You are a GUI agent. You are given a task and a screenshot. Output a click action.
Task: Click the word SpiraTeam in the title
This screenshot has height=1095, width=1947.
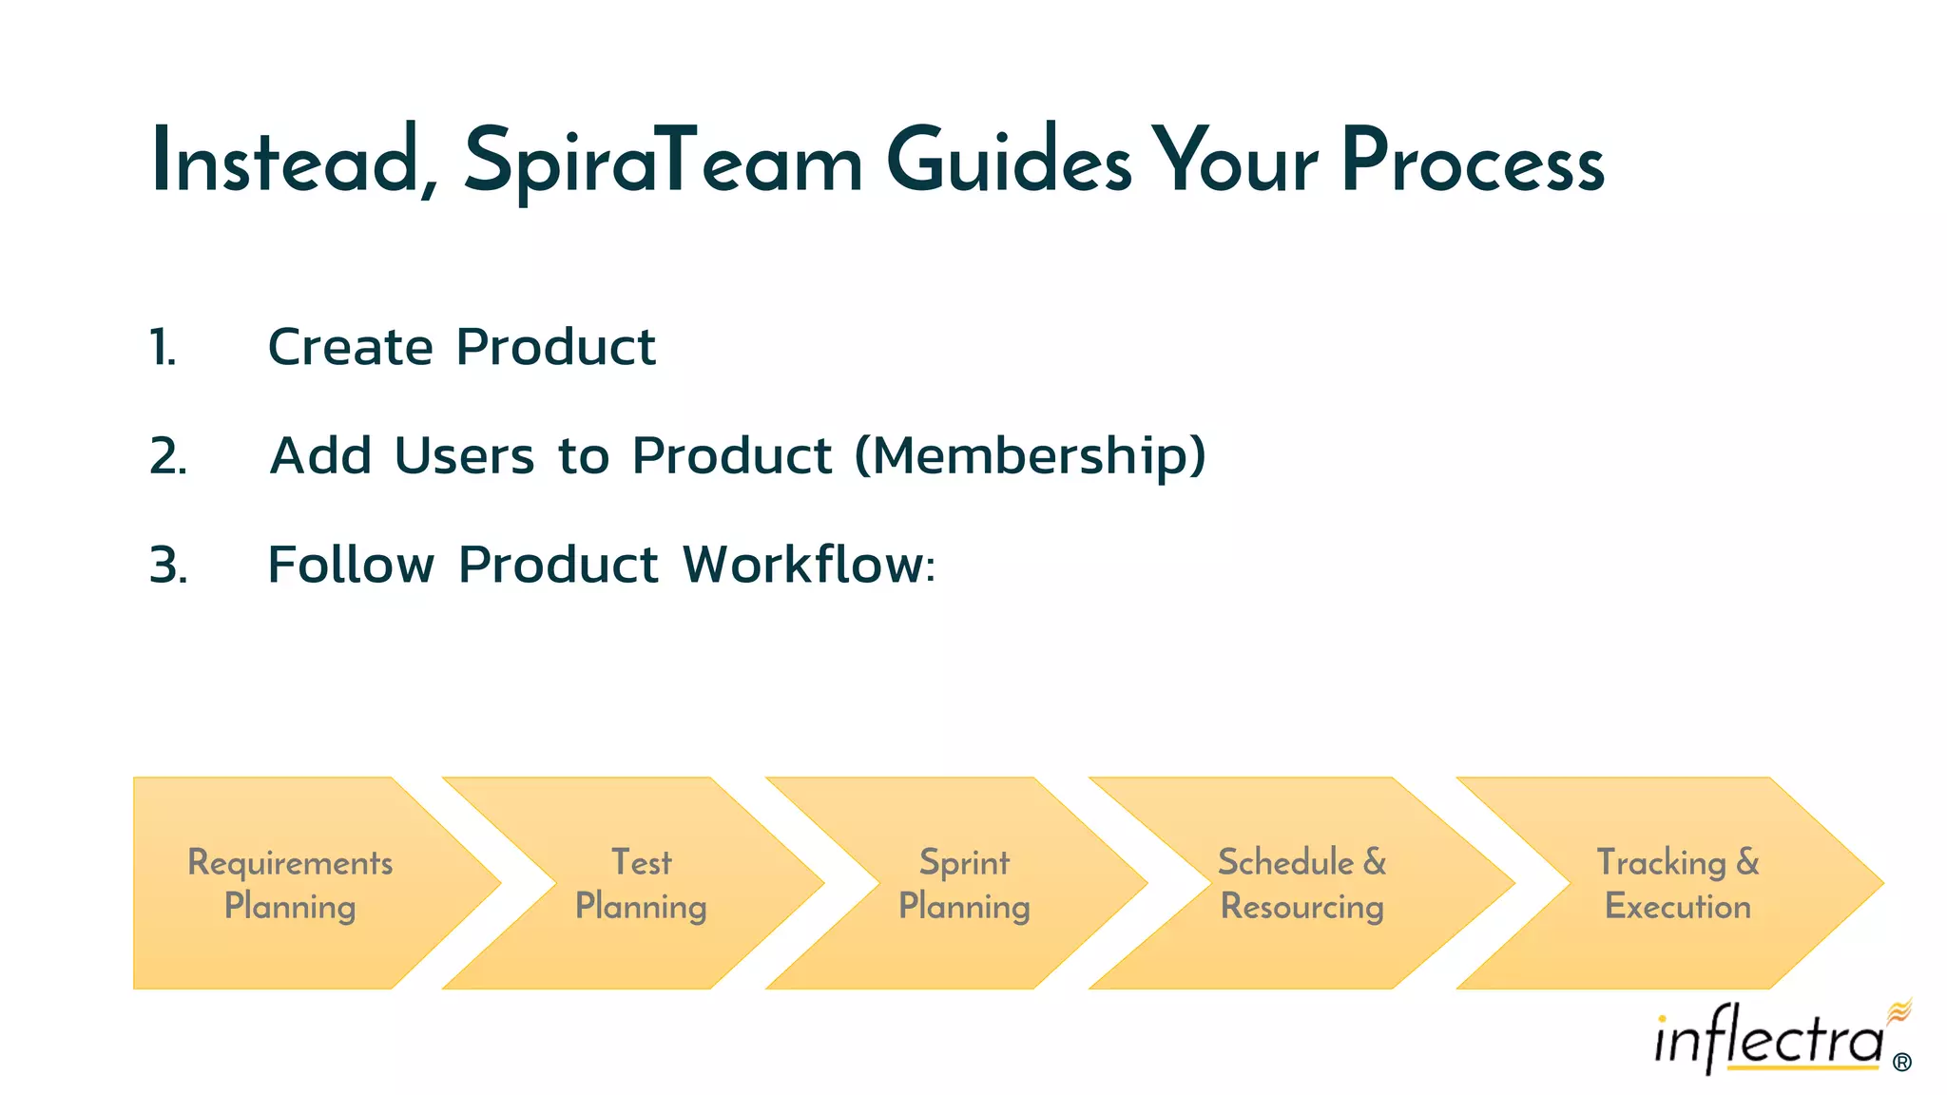(x=663, y=162)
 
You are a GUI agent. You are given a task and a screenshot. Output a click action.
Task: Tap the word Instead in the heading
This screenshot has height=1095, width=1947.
(x=284, y=162)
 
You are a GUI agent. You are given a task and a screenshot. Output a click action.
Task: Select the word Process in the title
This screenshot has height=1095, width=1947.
(x=1473, y=162)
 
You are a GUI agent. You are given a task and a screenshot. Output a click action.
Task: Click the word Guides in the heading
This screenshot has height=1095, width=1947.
(x=1009, y=162)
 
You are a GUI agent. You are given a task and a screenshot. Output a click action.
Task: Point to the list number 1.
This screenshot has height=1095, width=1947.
(x=163, y=347)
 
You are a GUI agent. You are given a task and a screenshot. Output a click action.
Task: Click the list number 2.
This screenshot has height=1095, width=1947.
(x=167, y=456)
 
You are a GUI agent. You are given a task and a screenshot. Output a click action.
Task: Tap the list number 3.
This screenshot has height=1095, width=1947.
(x=168, y=566)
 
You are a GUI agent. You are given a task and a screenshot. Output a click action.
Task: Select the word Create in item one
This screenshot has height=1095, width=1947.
(x=351, y=347)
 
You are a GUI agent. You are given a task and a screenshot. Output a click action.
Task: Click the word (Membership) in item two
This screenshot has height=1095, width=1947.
(x=1031, y=456)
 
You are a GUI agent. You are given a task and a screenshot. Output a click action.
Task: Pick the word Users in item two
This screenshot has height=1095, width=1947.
(x=464, y=456)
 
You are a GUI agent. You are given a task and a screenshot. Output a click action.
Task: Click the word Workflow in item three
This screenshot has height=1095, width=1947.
(x=808, y=565)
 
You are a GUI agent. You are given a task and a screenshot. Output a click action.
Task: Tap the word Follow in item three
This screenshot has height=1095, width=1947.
(x=351, y=565)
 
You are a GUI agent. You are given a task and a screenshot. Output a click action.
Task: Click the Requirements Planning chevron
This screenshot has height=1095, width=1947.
(x=290, y=884)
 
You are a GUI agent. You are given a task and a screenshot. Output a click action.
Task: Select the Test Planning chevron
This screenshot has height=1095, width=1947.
(x=642, y=884)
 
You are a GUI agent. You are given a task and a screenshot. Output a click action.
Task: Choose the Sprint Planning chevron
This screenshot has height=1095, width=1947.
(x=964, y=884)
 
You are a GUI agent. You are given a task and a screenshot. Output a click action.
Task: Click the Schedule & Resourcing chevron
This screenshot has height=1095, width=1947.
(x=1301, y=884)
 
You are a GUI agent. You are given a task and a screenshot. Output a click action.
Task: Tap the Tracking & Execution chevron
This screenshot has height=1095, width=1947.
(x=1678, y=884)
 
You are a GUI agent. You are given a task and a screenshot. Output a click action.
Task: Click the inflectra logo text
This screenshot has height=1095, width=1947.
(x=1768, y=1041)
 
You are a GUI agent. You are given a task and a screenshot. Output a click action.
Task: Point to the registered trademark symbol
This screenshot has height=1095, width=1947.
(x=1901, y=1063)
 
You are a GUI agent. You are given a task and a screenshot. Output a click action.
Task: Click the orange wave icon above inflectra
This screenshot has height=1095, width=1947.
(x=1899, y=1010)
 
